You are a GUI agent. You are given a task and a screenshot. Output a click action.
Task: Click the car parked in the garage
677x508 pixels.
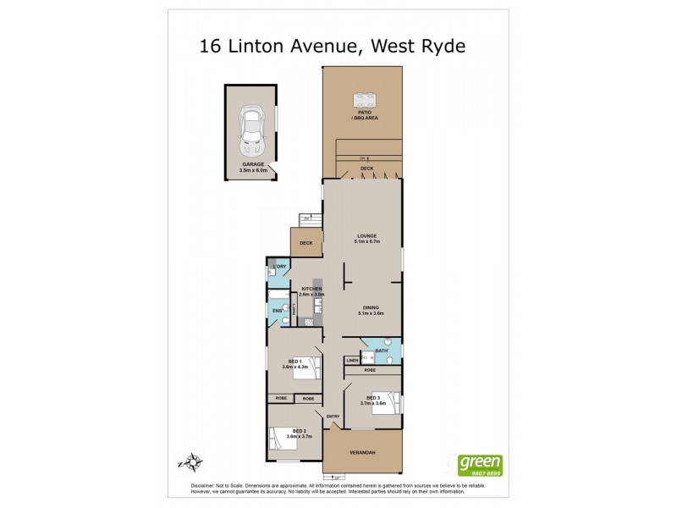click(251, 128)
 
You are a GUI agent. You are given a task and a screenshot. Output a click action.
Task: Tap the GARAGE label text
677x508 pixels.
click(253, 164)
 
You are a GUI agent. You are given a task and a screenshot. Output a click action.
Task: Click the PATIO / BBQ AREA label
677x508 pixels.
click(365, 114)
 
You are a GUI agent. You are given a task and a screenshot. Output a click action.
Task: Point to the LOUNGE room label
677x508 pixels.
click(366, 238)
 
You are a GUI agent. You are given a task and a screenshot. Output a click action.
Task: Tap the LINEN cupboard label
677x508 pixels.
click(353, 361)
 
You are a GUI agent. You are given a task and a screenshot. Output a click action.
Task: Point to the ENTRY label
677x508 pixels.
click(333, 416)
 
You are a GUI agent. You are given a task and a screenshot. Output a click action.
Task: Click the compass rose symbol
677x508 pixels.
click(195, 462)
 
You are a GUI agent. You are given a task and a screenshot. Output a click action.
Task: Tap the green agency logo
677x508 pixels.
click(480, 465)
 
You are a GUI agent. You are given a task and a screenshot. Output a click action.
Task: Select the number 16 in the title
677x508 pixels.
click(211, 47)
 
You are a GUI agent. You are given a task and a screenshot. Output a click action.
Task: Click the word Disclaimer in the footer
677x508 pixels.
click(190, 484)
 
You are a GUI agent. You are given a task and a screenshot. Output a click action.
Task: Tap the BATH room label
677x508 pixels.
click(381, 351)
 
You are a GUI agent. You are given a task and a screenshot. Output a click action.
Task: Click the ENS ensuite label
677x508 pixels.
click(277, 311)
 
